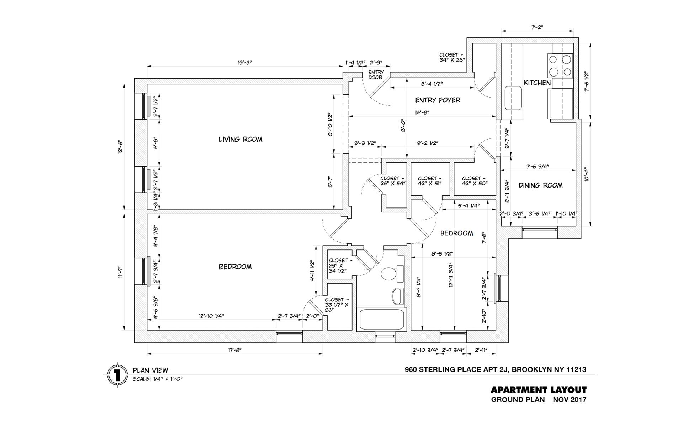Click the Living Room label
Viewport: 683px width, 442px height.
pyautogui.click(x=240, y=139)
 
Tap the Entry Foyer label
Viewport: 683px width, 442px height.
pyautogui.click(x=438, y=100)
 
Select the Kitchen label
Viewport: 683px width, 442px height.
pyautogui.click(x=537, y=83)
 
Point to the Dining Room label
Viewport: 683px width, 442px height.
pyautogui.click(x=540, y=185)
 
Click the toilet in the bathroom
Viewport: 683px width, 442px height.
pyautogui.click(x=390, y=274)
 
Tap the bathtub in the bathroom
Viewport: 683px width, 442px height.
pyautogui.click(x=382, y=319)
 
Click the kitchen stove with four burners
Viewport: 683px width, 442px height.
pyautogui.click(x=560, y=65)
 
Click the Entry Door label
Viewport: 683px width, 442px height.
pyautogui.click(x=376, y=75)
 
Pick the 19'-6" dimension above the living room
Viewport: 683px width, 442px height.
pyautogui.click(x=244, y=63)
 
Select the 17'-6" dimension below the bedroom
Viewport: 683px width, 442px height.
pyautogui.click(x=235, y=350)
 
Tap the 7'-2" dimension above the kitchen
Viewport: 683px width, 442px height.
pyautogui.click(x=537, y=27)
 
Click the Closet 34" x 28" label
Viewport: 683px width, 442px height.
pyautogui.click(x=452, y=57)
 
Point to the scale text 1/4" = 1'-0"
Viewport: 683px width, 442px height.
pyautogui.click(x=158, y=379)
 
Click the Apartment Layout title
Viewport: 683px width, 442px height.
pyautogui.click(x=539, y=390)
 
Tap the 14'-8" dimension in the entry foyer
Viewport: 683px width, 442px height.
pyautogui.click(x=422, y=112)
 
